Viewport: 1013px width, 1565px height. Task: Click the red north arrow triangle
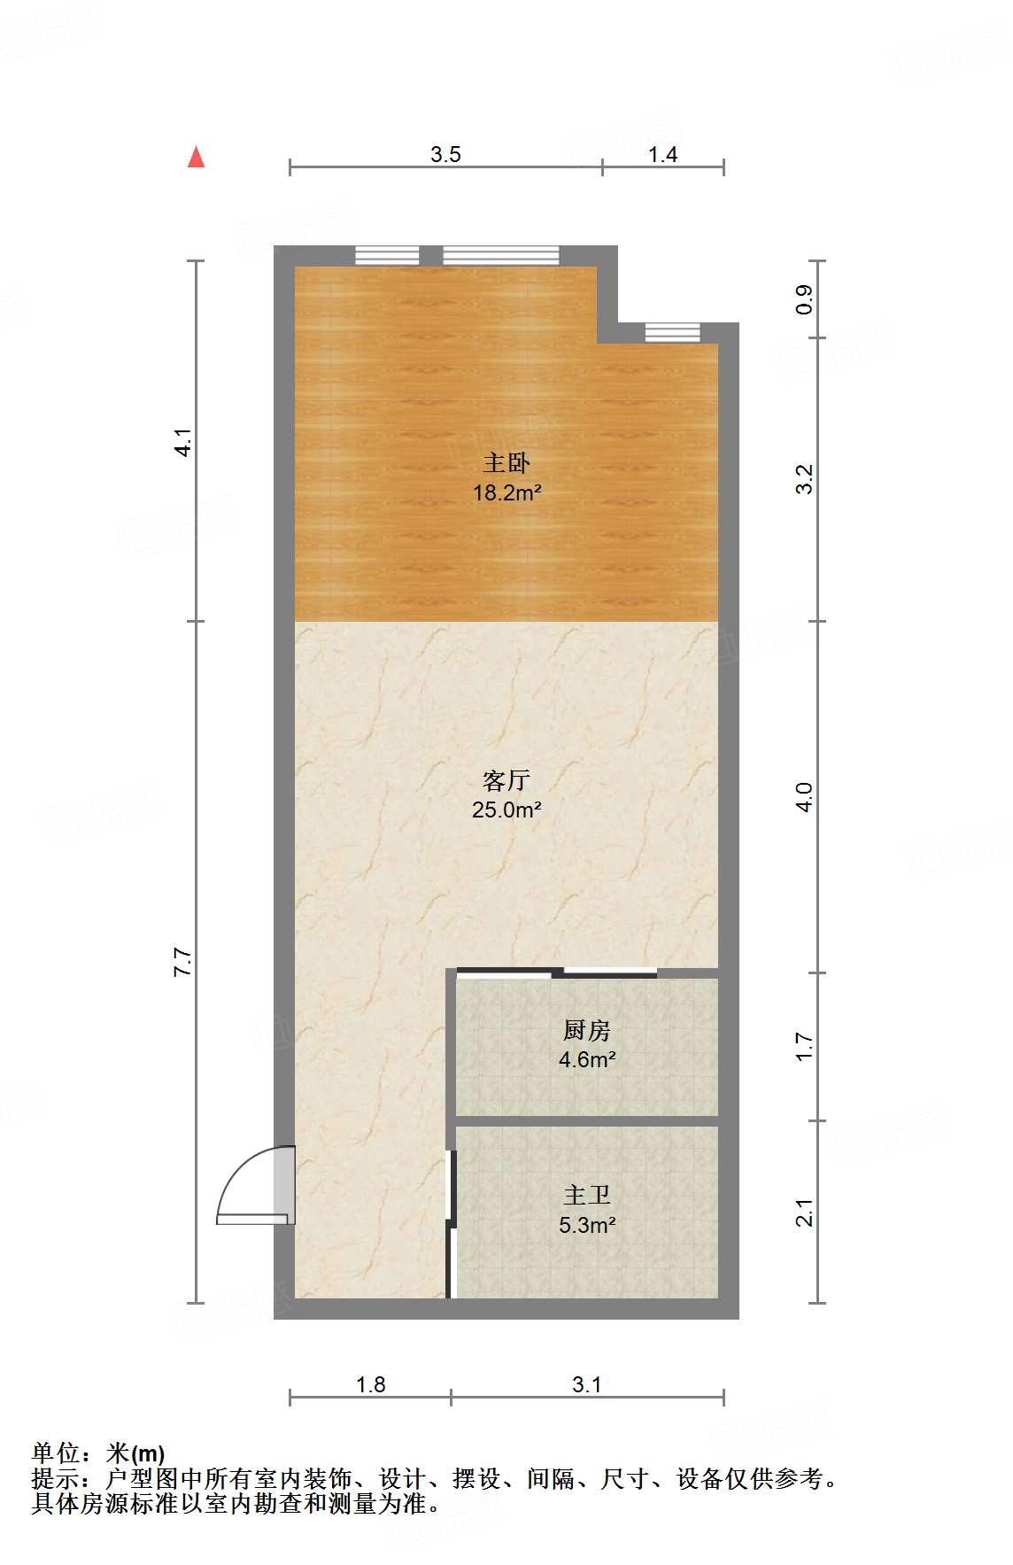click(x=197, y=157)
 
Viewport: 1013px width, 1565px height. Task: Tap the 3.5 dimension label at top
click(x=445, y=154)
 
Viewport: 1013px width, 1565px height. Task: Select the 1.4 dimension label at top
click(x=662, y=154)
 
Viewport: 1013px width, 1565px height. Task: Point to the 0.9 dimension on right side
click(x=804, y=299)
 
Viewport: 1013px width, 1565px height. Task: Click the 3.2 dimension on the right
click(x=804, y=479)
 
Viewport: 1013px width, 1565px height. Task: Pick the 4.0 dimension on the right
click(x=804, y=797)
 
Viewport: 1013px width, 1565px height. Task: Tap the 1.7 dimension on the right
click(x=804, y=1046)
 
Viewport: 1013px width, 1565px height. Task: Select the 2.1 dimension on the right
click(x=804, y=1212)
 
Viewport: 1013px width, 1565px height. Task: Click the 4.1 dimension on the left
click(x=182, y=442)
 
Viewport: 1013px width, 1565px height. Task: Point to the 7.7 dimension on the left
click(x=182, y=962)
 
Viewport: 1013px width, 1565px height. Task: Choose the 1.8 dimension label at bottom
click(x=370, y=1384)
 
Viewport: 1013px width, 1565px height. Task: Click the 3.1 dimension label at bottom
click(x=586, y=1384)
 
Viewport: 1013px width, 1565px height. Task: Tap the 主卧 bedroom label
click(x=506, y=462)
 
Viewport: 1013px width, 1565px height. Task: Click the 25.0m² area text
click(x=506, y=810)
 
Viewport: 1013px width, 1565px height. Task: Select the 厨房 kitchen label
click(x=586, y=1030)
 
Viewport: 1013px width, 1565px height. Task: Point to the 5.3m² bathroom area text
click(x=586, y=1225)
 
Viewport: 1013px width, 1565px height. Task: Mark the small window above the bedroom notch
click(x=672, y=333)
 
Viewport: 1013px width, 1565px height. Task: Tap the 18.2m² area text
click(x=506, y=492)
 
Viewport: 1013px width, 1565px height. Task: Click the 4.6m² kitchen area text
click(x=586, y=1059)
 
